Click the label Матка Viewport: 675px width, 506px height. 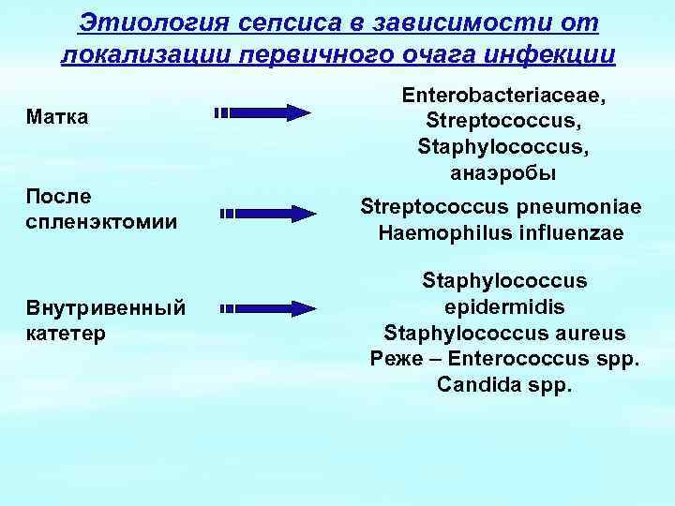58,116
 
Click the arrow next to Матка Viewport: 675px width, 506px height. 263,112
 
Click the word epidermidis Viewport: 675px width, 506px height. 504,307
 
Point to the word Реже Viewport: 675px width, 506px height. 395,359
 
